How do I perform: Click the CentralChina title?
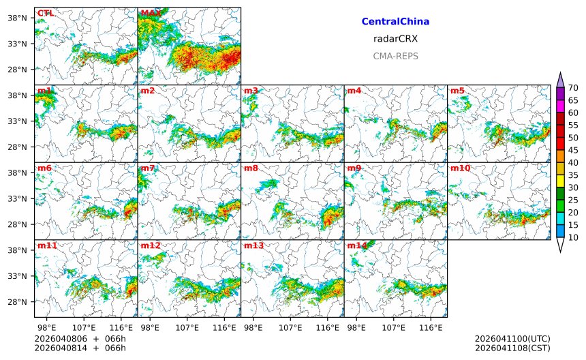pos(395,22)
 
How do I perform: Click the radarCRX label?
pos(395,39)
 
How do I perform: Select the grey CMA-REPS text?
pos(395,56)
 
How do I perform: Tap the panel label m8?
pos(251,168)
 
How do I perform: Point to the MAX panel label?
pos(151,13)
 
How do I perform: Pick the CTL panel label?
pos(45,13)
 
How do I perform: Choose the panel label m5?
pos(457,91)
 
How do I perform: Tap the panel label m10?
pos(460,168)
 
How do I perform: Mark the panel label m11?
pos(47,245)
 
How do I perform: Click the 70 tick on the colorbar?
pos(573,87)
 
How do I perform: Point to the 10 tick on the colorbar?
pos(573,237)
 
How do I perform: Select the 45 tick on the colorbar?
pos(573,150)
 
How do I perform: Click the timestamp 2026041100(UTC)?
pos(512,339)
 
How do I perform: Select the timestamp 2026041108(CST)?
pos(512,348)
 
